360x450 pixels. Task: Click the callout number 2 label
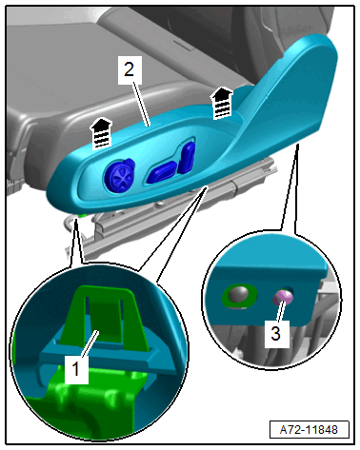(129, 69)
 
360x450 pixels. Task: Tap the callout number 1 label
(76, 369)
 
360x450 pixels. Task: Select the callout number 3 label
(276, 334)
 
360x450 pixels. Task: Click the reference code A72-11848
(309, 430)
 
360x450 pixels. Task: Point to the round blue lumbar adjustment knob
(119, 175)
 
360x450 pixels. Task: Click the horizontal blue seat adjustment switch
(161, 172)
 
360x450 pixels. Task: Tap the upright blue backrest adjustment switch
(187, 157)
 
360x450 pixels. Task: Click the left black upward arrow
(101, 133)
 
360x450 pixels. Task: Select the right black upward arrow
(222, 102)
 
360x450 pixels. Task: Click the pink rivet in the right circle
(283, 298)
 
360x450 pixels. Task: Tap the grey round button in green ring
(239, 295)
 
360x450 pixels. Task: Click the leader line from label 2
(142, 104)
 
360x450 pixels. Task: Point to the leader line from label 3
(280, 311)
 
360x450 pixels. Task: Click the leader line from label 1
(90, 343)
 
